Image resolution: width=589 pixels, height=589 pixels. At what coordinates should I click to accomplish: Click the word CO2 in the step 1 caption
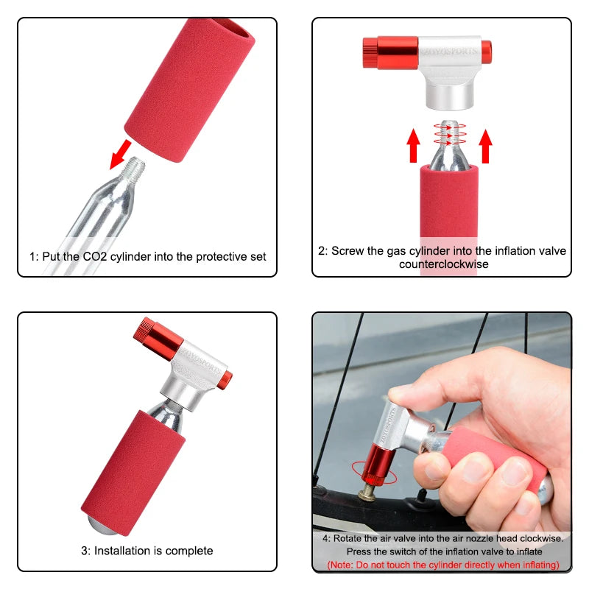[109, 257]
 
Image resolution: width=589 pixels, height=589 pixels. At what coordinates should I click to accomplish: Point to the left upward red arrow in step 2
[413, 144]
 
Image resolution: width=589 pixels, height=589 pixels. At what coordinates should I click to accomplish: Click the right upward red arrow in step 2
[485, 144]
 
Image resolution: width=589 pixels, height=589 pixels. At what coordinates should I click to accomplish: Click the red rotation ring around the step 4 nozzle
[375, 471]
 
